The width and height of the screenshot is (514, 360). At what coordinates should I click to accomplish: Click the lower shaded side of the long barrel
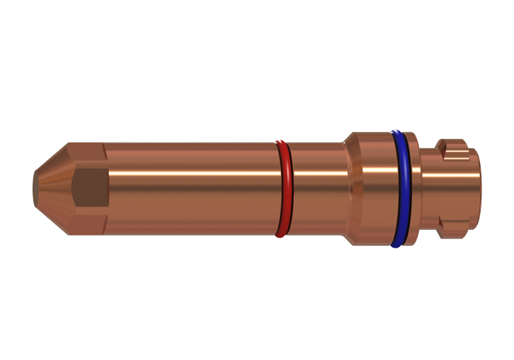[x=188, y=221]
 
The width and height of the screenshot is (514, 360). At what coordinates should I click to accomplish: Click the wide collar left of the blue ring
[x=373, y=189]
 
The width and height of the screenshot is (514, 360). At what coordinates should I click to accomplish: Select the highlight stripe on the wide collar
[x=373, y=167]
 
